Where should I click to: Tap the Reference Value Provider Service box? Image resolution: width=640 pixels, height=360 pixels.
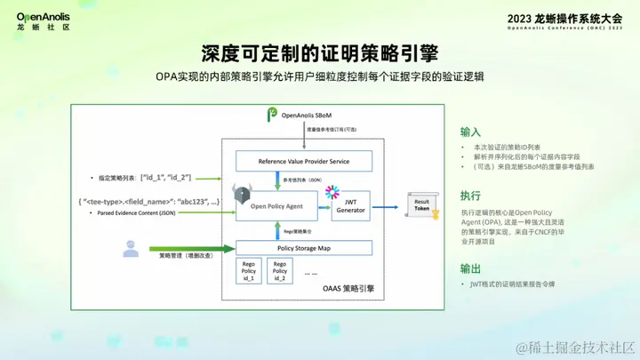[x=303, y=161]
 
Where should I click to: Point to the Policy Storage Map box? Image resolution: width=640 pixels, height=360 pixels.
[x=303, y=248]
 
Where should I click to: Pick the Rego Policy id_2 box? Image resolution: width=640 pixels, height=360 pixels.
[x=280, y=271]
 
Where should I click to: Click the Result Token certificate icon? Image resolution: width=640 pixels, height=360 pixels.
[x=424, y=206]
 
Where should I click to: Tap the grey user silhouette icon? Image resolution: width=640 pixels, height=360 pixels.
[x=131, y=250]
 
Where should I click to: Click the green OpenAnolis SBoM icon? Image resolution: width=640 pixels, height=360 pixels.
[x=272, y=115]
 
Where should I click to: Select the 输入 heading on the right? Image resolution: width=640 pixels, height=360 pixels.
[x=470, y=129]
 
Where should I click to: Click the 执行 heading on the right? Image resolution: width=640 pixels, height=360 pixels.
[x=470, y=196]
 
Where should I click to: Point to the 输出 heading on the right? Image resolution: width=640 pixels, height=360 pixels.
[x=470, y=268]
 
